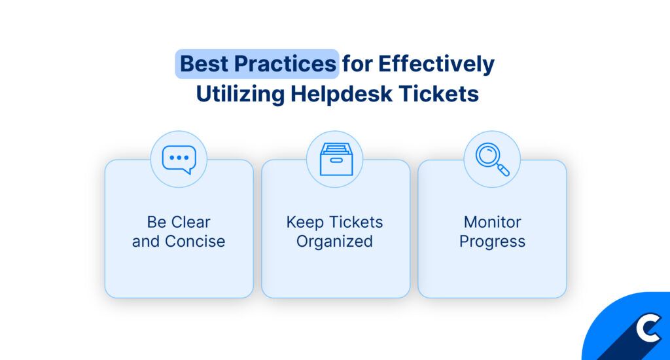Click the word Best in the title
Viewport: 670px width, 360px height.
point(204,63)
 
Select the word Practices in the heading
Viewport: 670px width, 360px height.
point(285,63)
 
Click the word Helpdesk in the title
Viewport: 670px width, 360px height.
point(342,94)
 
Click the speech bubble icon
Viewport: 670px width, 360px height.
point(179,160)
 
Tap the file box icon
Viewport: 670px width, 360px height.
point(336,159)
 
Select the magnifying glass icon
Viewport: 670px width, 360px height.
point(492,159)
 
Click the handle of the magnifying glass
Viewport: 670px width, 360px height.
point(503,170)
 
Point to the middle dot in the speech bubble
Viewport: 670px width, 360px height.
point(179,157)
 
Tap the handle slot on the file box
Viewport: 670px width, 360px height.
point(336,160)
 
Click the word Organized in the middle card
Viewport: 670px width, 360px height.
point(334,242)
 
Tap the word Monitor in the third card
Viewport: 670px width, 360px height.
point(492,222)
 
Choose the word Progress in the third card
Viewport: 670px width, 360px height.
point(492,242)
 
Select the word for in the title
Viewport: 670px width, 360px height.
point(357,63)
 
